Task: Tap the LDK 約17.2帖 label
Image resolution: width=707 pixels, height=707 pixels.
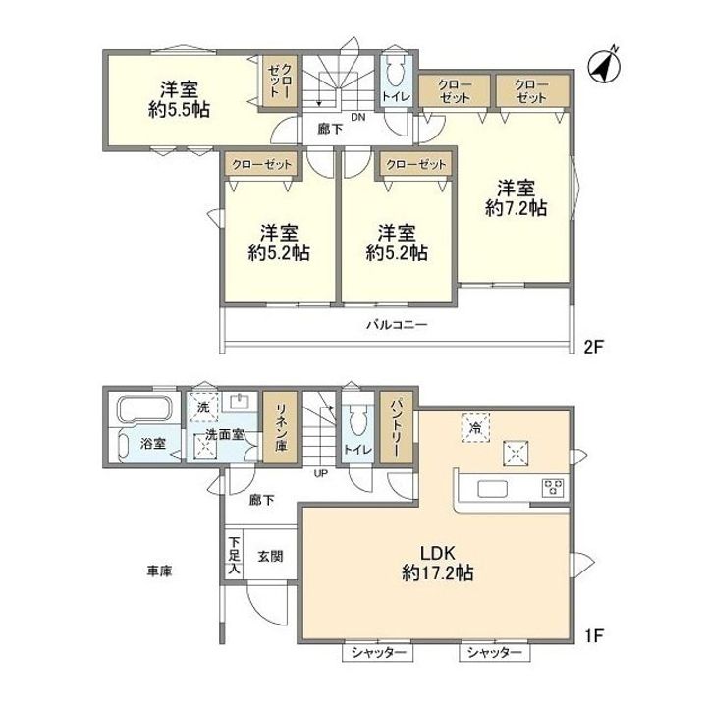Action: [437, 563]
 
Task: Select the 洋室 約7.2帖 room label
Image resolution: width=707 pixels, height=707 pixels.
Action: [517, 197]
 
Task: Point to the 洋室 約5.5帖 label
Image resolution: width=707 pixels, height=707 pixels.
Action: [179, 99]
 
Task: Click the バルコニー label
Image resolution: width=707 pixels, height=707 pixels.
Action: [397, 325]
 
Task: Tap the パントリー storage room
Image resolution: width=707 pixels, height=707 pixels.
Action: [397, 427]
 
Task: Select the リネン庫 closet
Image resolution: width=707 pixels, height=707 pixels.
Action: [281, 427]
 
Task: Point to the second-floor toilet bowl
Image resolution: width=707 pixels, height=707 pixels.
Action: [396, 72]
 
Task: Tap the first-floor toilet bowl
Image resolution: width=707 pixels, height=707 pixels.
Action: [358, 421]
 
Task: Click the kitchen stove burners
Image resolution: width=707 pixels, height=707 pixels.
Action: [553, 487]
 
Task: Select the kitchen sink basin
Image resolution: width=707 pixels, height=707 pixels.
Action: [492, 488]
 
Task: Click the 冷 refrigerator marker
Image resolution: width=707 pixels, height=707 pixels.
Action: [475, 427]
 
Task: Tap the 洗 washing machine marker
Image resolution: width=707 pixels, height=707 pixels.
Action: [203, 408]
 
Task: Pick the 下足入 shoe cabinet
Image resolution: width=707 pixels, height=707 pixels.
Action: [234, 556]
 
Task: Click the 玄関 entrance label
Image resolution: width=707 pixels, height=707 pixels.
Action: [271, 557]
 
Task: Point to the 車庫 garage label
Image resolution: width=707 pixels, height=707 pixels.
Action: [159, 571]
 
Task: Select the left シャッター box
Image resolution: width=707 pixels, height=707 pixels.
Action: [378, 652]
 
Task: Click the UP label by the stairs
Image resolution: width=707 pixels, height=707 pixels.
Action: [321, 474]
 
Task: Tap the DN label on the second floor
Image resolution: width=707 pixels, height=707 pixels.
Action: [358, 118]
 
